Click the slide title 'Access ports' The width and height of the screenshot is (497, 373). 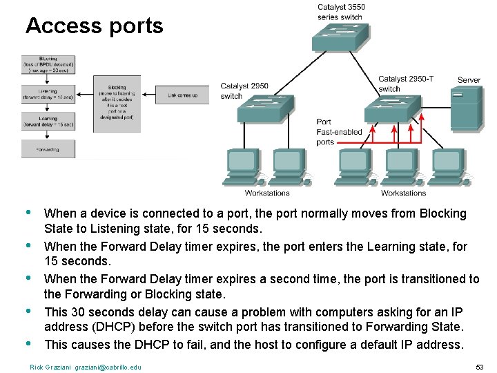click(94, 26)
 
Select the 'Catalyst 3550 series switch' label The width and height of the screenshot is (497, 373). click(341, 12)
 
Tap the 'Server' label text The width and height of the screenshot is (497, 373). click(469, 80)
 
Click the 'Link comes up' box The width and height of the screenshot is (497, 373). click(182, 95)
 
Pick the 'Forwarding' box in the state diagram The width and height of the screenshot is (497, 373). click(48, 149)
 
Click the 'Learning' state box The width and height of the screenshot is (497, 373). click(48, 122)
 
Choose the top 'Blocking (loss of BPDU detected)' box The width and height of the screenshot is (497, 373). click(48, 64)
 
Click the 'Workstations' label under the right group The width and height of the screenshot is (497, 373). click(403, 193)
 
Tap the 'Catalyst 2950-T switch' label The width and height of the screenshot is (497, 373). click(406, 84)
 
